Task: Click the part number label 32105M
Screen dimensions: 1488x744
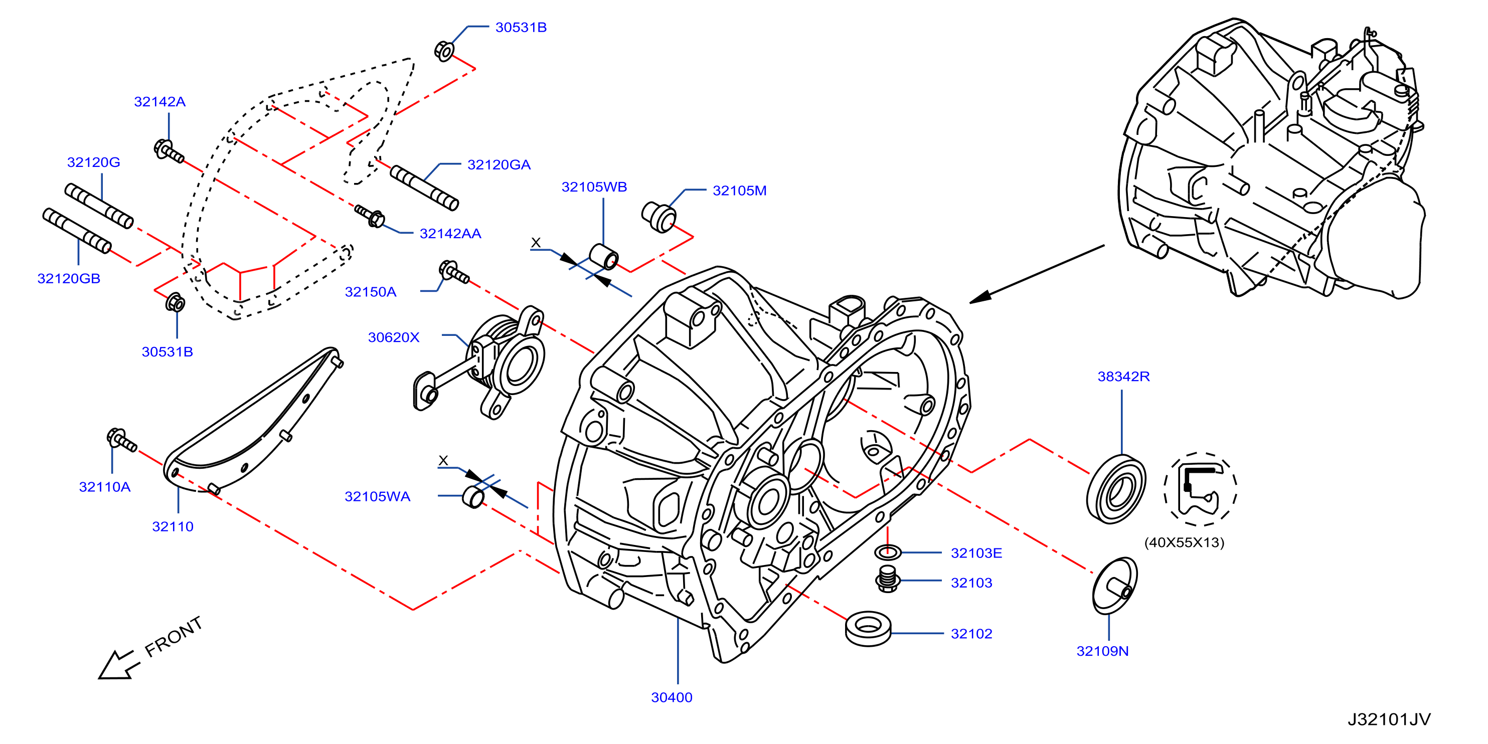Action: pos(739,191)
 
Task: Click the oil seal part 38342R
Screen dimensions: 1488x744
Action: pos(1116,489)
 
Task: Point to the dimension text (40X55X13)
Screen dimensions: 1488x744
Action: pos(1184,542)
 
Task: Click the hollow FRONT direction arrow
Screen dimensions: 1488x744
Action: pos(119,665)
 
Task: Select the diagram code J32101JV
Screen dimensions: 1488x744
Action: pos(1389,719)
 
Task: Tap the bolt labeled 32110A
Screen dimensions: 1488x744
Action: pos(121,441)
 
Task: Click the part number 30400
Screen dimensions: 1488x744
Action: pos(672,697)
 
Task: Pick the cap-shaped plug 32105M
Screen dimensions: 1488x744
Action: pos(659,217)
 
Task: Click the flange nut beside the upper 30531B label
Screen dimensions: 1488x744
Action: pos(444,51)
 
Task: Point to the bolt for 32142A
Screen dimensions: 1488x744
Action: pos(169,151)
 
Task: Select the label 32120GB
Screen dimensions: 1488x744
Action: pos(69,278)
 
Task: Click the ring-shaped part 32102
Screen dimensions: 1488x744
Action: pos(868,629)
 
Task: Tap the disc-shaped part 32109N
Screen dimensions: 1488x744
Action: pos(1114,586)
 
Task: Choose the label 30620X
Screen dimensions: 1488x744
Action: pos(393,337)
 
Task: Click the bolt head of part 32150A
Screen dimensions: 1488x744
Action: pos(448,269)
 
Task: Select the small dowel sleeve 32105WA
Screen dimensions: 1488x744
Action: pos(473,497)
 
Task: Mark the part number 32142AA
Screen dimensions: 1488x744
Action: pos(450,233)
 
